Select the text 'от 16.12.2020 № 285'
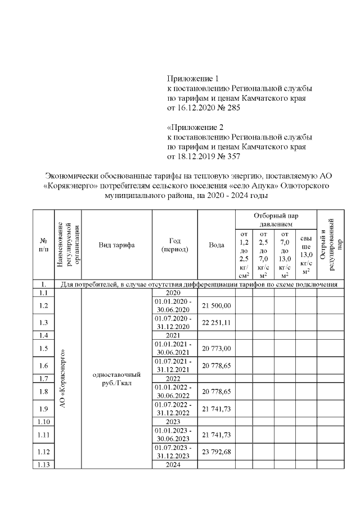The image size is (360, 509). coord(204,109)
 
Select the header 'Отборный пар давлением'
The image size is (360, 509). coord(276,219)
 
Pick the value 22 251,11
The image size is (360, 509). coord(217,322)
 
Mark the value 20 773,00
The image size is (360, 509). coord(217,349)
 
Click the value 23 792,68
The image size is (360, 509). coord(217,453)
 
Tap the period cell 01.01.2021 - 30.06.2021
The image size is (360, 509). coord(174,348)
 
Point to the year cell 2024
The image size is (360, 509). coord(174,465)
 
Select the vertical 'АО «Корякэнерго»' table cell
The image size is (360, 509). coord(66,379)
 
